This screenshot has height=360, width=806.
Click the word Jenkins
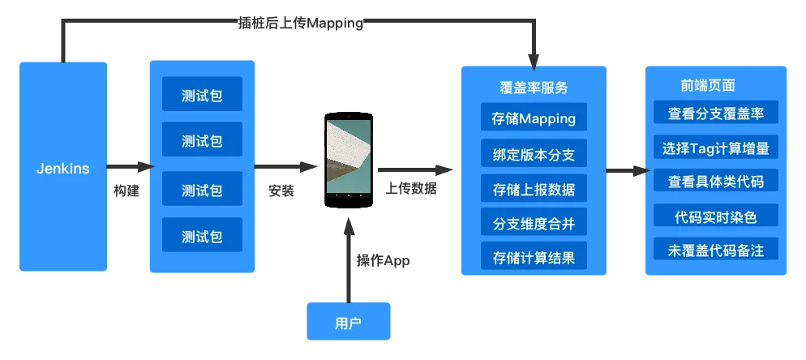click(x=63, y=169)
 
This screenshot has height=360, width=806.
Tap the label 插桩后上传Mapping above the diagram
click(x=299, y=24)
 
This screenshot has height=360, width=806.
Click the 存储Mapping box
click(x=534, y=118)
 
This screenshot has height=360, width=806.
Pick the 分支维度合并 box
click(x=534, y=224)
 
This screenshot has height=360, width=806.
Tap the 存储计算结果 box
click(x=534, y=258)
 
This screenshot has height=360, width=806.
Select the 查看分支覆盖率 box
click(x=715, y=114)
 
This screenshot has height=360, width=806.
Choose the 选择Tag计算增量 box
click(x=715, y=148)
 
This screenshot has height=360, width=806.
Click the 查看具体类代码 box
click(x=715, y=181)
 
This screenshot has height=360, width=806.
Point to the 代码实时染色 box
click(x=715, y=216)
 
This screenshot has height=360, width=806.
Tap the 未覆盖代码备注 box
click(x=715, y=249)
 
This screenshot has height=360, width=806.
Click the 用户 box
click(x=349, y=322)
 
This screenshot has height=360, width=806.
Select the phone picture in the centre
click(x=349, y=157)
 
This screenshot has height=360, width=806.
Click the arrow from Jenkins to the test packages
click(x=130, y=168)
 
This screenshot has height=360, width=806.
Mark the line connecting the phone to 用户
click(x=349, y=259)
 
